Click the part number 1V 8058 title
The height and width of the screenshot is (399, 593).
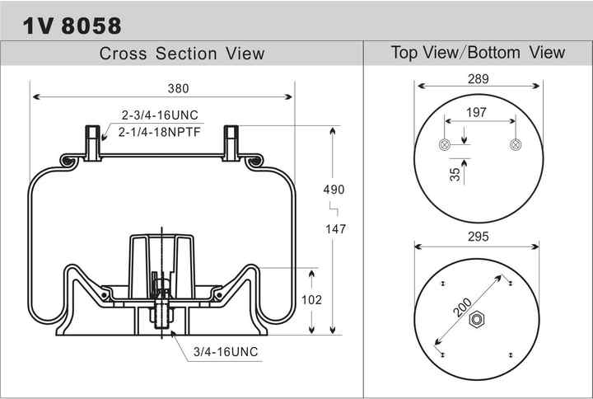[72, 26]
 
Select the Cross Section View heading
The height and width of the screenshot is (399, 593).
[181, 54]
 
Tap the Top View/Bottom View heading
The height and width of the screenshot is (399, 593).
[478, 52]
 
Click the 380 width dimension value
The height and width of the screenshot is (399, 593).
[178, 88]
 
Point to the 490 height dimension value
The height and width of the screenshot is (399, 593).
[334, 190]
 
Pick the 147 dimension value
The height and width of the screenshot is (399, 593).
[335, 228]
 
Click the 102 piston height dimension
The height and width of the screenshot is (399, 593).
[311, 299]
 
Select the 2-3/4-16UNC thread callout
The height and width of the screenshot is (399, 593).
[160, 115]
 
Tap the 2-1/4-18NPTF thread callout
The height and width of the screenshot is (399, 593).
[159, 132]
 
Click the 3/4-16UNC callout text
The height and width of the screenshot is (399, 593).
[226, 352]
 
